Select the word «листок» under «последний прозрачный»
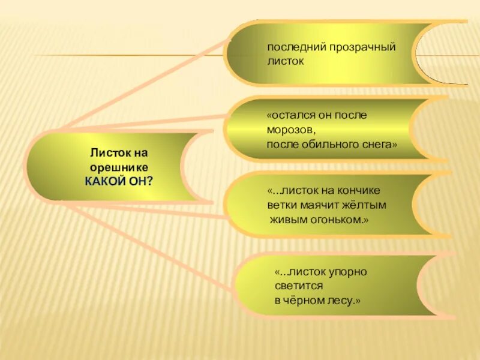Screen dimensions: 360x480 (286, 61)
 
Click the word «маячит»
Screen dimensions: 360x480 (327, 205)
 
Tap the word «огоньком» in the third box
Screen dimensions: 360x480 (338, 220)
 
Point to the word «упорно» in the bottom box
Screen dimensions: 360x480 (346, 272)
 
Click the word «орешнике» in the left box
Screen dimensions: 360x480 (119, 168)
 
